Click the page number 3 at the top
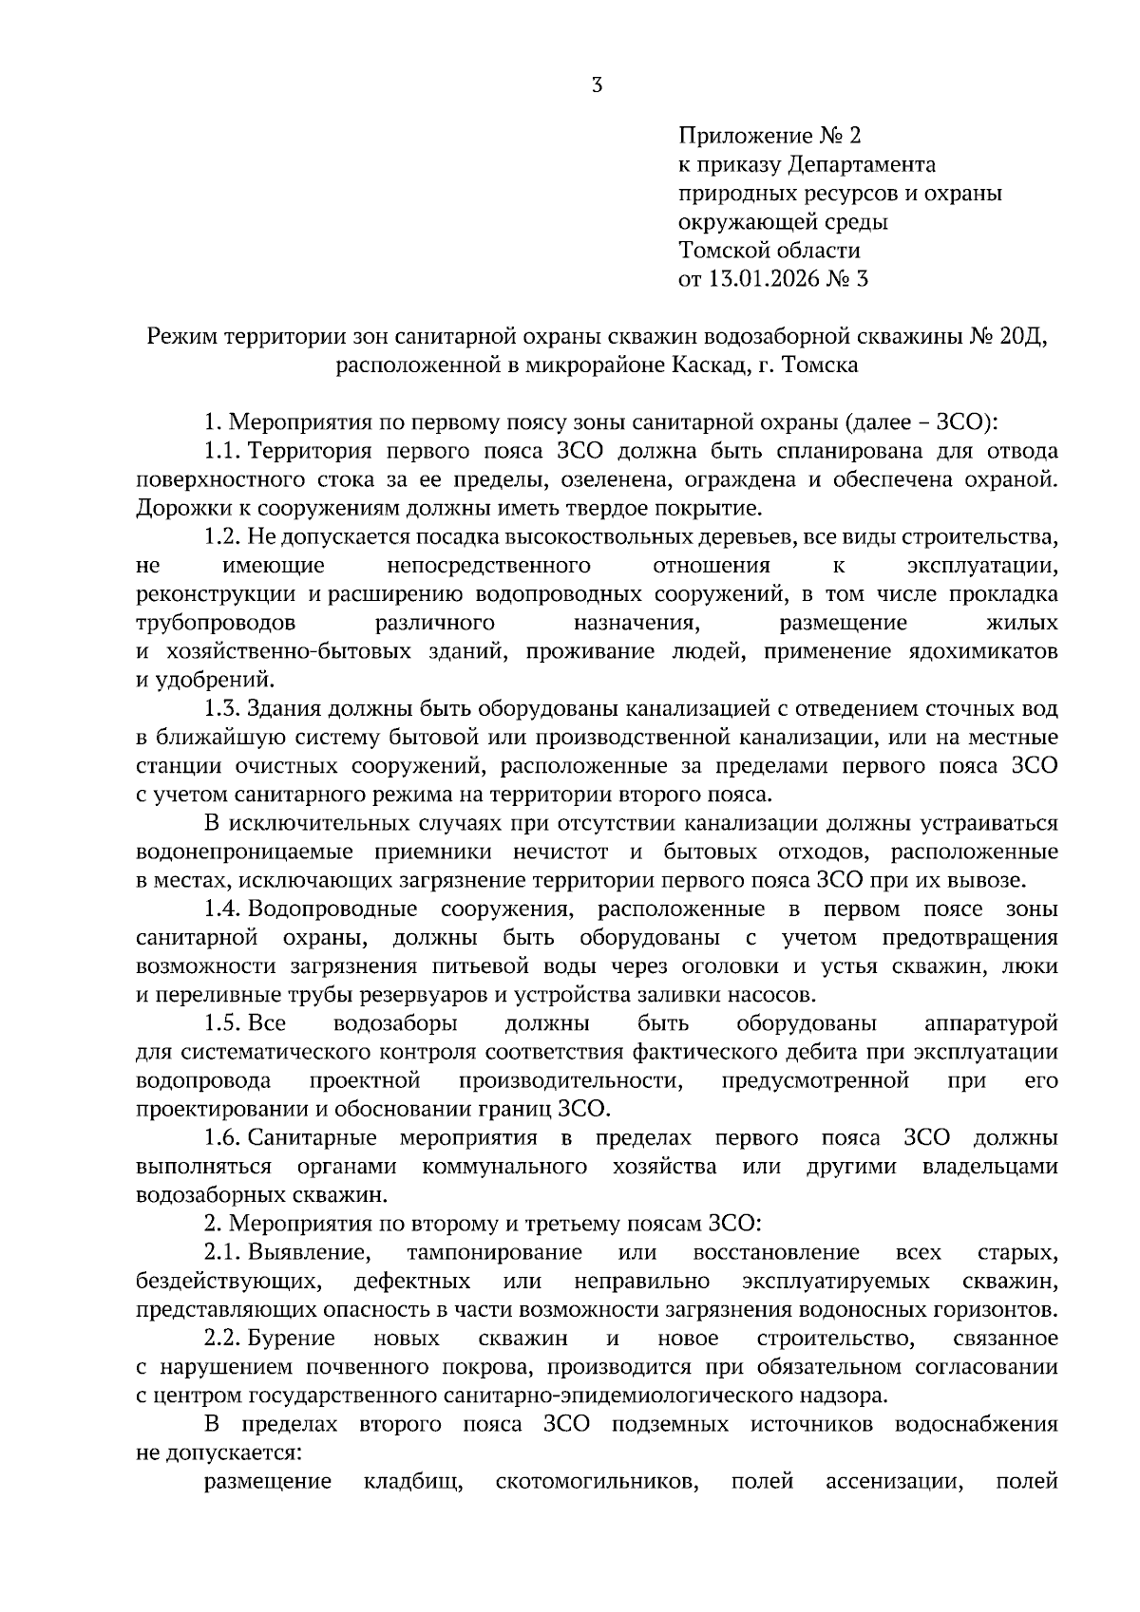coord(597,85)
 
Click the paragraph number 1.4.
coord(222,909)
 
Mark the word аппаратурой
coord(991,1024)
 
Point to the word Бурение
coord(291,1339)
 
